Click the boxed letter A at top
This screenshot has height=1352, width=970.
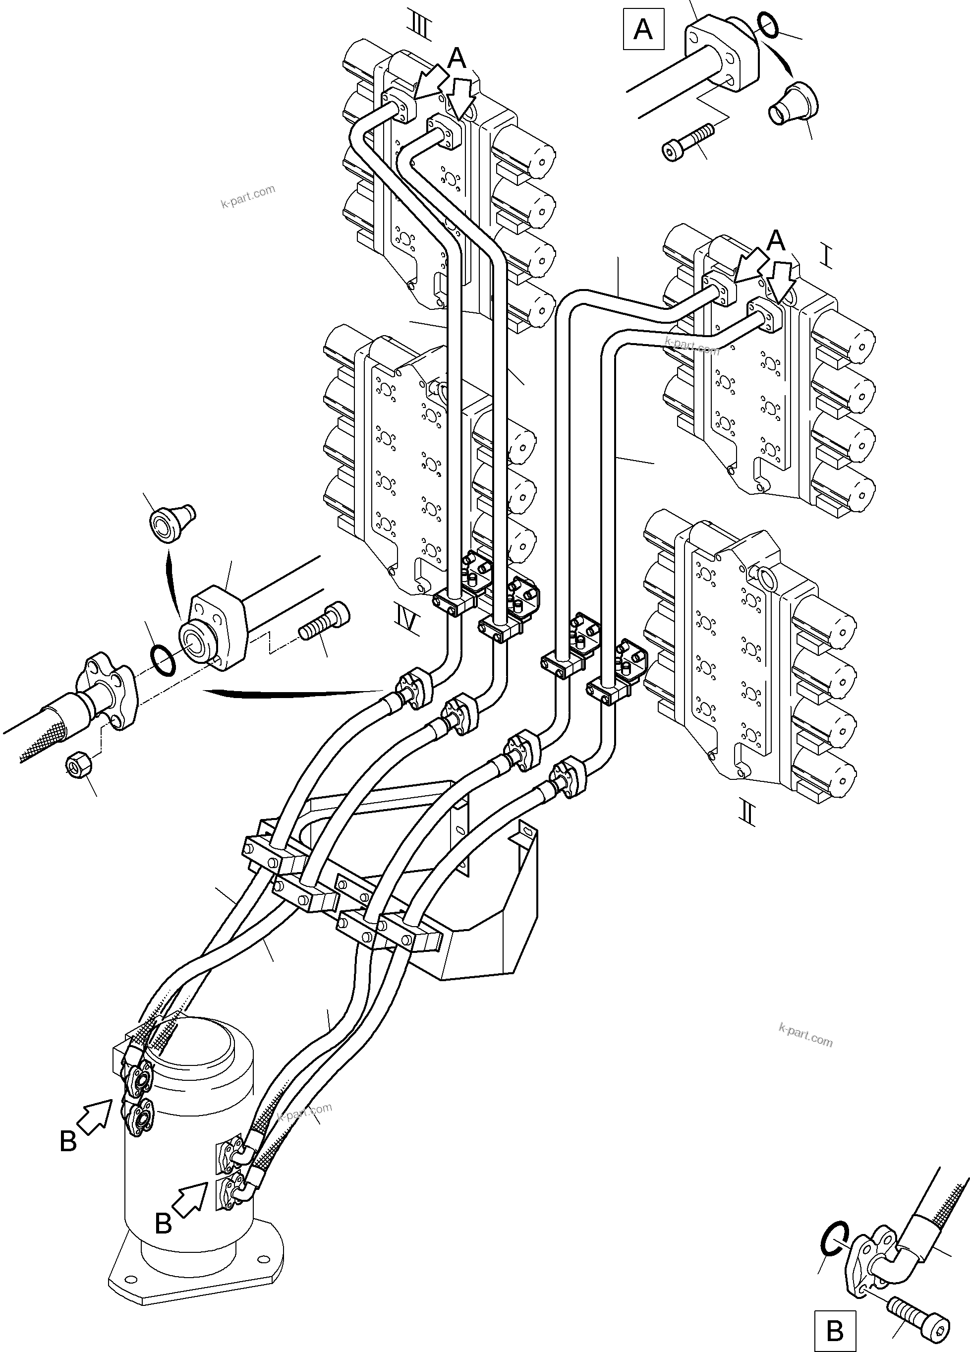click(x=642, y=29)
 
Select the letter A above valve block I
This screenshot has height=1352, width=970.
click(x=775, y=241)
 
